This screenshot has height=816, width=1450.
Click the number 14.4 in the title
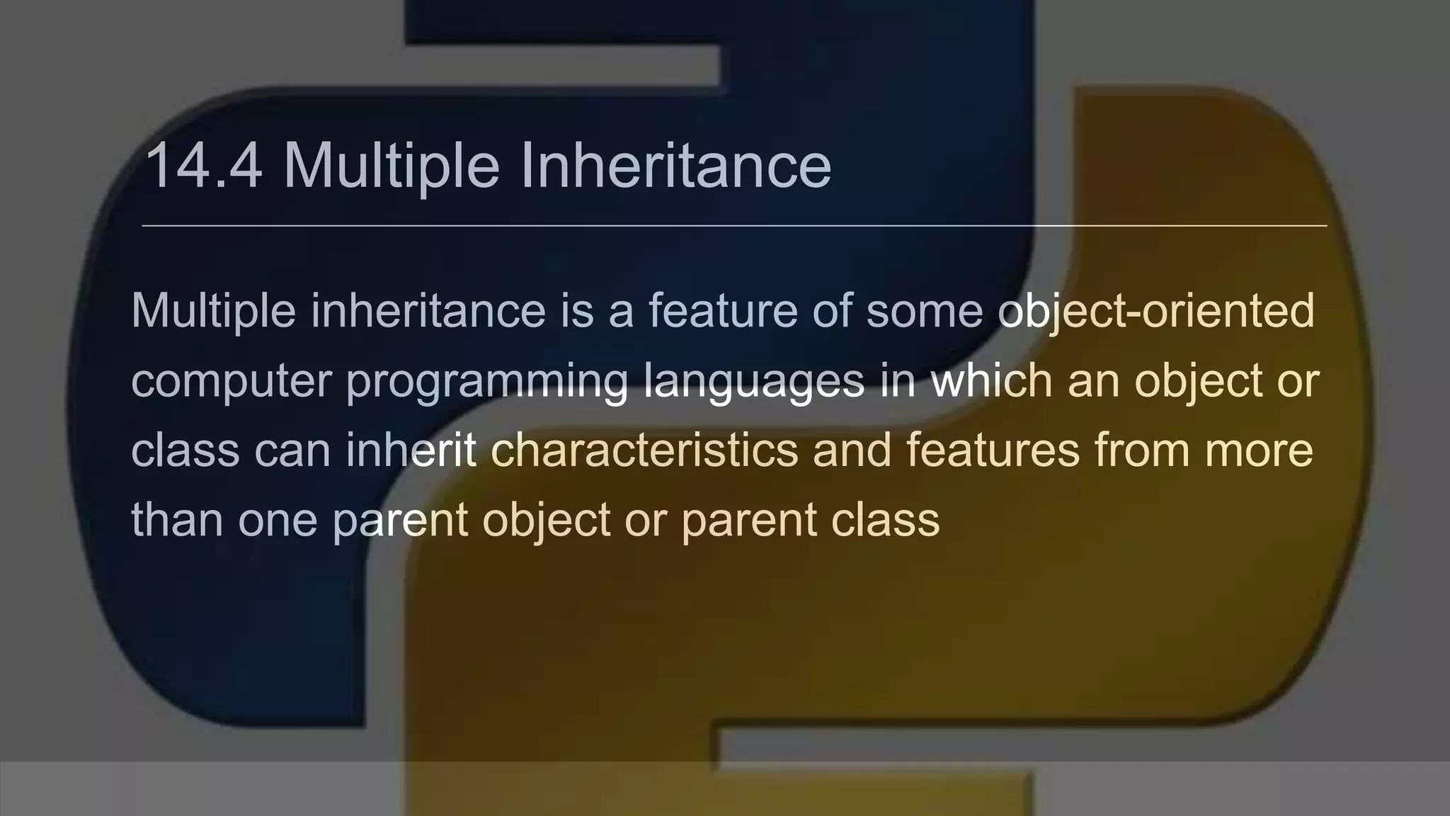pyautogui.click(x=204, y=167)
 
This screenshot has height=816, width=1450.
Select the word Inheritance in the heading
pyautogui.click(x=675, y=167)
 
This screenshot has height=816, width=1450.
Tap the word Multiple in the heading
pyautogui.click(x=392, y=167)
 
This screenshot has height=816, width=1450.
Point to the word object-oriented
pyautogui.click(x=1156, y=312)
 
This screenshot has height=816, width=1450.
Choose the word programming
pyautogui.click(x=486, y=381)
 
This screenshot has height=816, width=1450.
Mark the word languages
pyautogui.click(x=754, y=381)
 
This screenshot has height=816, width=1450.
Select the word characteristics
pyautogui.click(x=644, y=450)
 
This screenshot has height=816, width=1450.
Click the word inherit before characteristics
pyautogui.click(x=411, y=450)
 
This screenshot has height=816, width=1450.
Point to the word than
pyautogui.click(x=177, y=520)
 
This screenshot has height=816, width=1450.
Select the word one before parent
pyautogui.click(x=277, y=520)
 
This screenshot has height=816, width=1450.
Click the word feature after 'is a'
pyautogui.click(x=723, y=312)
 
